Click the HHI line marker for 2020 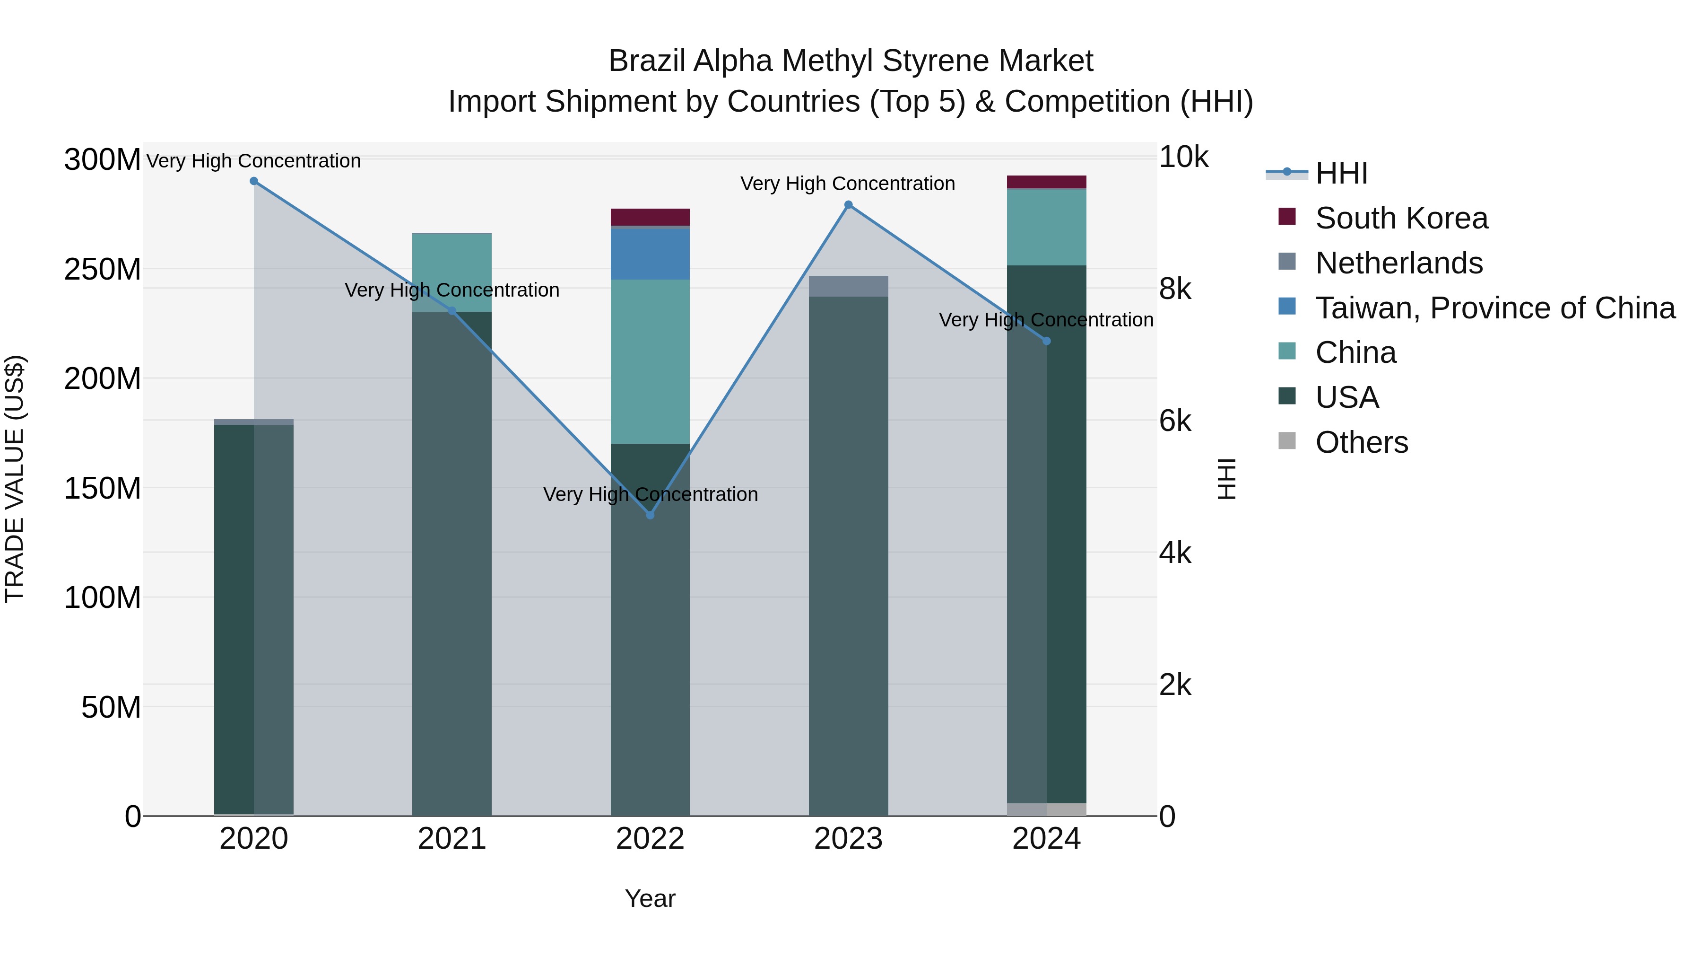click(x=254, y=181)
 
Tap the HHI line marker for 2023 click(x=848, y=205)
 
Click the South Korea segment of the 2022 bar click(x=650, y=217)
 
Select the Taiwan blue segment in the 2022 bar click(x=650, y=254)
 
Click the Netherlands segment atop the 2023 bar click(x=848, y=286)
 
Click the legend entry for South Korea click(x=1401, y=218)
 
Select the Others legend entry click(x=1361, y=442)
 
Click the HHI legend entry click(x=1341, y=173)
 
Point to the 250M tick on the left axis click(x=103, y=269)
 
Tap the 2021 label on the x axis click(x=452, y=839)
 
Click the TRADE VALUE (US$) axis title click(x=15, y=479)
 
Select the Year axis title click(x=650, y=898)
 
